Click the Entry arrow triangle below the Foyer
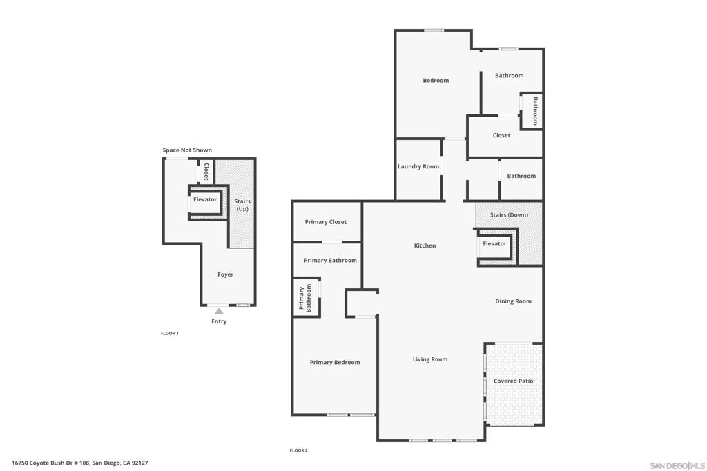219,312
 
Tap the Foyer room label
225,274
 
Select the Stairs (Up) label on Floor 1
242,205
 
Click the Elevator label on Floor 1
205,199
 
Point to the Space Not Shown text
187,150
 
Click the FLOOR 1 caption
170,333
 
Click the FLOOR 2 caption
298,450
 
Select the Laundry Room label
418,166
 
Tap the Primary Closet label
326,222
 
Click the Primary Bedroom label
335,362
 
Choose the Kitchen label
425,245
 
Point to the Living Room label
430,359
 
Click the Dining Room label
513,301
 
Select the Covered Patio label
513,381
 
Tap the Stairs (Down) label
509,214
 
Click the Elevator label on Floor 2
494,243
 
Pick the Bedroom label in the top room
436,80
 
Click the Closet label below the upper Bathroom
501,135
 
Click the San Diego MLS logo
677,465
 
